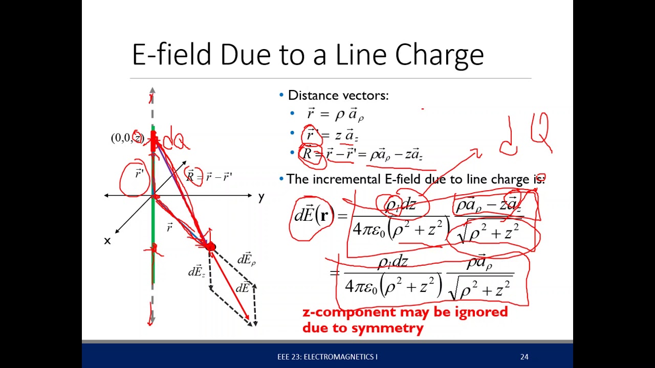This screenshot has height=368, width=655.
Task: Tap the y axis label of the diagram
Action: tap(261, 197)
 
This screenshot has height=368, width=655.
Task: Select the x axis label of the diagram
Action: tap(107, 241)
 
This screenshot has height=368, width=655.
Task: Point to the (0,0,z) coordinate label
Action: tap(126, 138)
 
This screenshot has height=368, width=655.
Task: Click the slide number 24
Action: tap(524, 357)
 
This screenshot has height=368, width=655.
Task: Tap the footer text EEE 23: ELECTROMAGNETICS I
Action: tap(327, 357)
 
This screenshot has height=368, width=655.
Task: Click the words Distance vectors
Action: tap(338, 96)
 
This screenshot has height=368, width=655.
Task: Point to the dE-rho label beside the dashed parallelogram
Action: tap(246, 260)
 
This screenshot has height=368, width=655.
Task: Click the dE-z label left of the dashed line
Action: tap(197, 272)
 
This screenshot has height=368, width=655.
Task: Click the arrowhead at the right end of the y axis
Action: tap(249, 195)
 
